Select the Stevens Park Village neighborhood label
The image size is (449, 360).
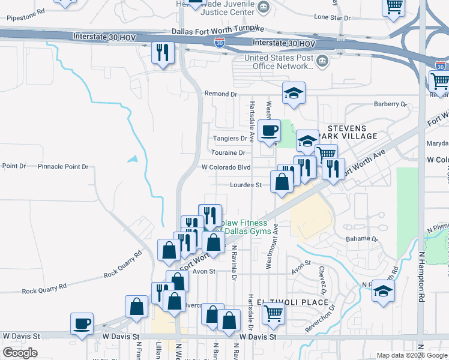pyautogui.click(x=352, y=132)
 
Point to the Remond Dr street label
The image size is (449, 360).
pyautogui.click(x=221, y=94)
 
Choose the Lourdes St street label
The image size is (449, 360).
pyautogui.click(x=246, y=185)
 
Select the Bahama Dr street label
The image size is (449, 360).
pyautogui.click(x=362, y=238)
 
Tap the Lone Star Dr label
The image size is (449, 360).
pyautogui.click(x=332, y=18)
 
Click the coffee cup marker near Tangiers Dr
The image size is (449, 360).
pyautogui.click(x=269, y=131)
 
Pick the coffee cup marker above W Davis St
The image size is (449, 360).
pyautogui.click(x=82, y=324)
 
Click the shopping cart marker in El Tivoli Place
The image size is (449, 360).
pyautogui.click(x=273, y=313)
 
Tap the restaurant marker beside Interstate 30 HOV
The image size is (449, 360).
pyautogui.click(x=161, y=53)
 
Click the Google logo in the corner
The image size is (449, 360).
pyautogui.click(x=20, y=353)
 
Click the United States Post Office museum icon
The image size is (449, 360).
pyautogui.click(x=322, y=61)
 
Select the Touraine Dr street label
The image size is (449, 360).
pyautogui.click(x=229, y=153)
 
